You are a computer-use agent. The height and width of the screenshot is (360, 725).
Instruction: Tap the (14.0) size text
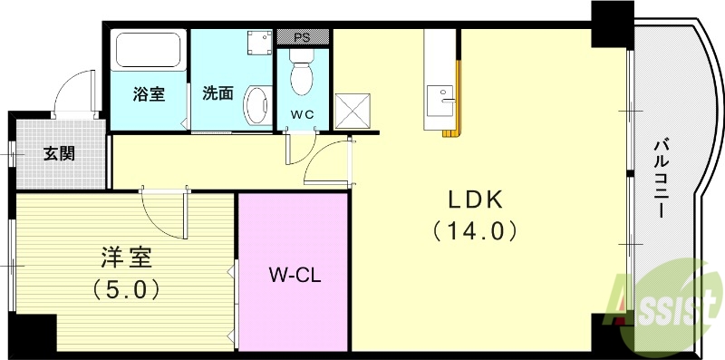(x=474, y=230)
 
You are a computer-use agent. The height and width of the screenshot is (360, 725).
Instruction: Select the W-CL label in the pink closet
(x=294, y=274)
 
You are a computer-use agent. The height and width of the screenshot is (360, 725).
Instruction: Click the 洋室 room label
(x=126, y=258)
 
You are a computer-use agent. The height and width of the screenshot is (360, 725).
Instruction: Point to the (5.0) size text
(x=126, y=289)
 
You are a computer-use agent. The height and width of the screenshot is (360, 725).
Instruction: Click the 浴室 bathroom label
(x=149, y=92)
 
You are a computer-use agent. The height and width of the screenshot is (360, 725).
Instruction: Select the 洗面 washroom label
(x=217, y=92)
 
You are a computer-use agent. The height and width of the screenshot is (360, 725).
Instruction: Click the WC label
(x=301, y=115)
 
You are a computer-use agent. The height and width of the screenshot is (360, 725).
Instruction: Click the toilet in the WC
(x=300, y=70)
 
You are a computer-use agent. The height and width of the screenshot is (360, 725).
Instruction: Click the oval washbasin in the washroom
(x=256, y=104)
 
